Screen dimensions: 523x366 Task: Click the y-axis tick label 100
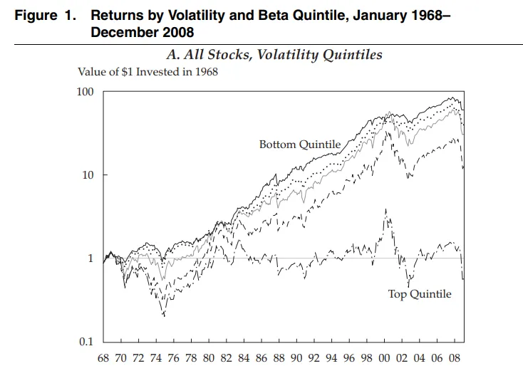point(85,92)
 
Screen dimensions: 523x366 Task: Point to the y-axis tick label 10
point(88,174)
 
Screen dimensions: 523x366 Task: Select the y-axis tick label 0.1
point(86,341)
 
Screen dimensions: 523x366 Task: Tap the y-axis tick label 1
point(90,258)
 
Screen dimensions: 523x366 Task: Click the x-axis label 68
point(103,358)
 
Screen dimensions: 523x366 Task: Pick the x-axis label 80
point(209,358)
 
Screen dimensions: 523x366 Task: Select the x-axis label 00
point(384,358)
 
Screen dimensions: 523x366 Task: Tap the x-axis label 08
point(455,358)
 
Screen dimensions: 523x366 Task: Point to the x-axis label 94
point(331,358)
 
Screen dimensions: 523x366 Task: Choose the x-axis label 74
point(156,358)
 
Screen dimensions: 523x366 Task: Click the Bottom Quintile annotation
point(300,145)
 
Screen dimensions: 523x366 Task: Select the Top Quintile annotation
point(420,294)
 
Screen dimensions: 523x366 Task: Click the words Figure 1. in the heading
point(46,16)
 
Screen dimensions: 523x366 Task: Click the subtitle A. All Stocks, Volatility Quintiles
point(274,55)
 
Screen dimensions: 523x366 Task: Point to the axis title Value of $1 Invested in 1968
point(147,72)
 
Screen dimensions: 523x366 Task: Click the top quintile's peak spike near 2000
point(386,209)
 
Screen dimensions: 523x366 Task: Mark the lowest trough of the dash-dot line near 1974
point(164,315)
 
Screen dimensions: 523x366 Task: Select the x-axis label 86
point(261,358)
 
